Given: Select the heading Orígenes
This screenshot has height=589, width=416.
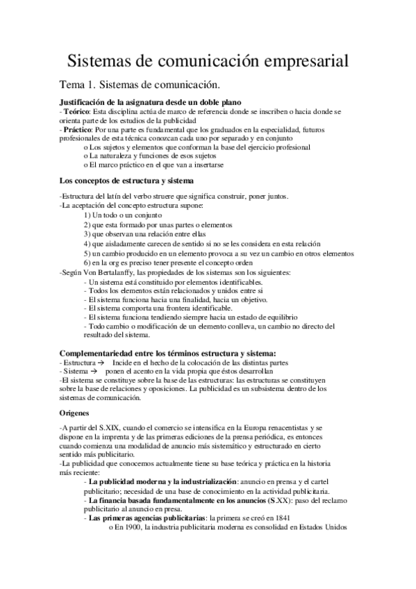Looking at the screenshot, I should (76, 413).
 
